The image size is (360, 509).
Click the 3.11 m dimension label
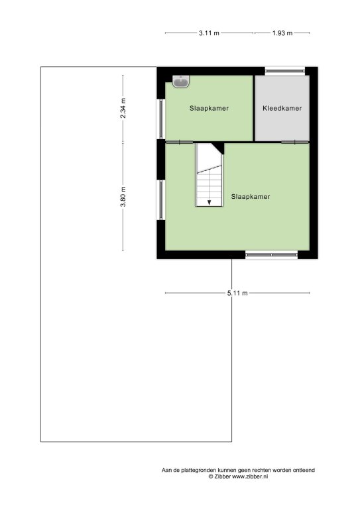tap(209, 32)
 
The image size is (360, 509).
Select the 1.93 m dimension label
tap(282, 32)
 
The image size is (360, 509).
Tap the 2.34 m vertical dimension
tap(123, 108)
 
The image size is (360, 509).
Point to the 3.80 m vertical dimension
tap(123, 197)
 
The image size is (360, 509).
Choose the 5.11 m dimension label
tap(237, 293)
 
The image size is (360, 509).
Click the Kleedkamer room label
tap(282, 109)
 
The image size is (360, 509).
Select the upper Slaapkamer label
tap(209, 109)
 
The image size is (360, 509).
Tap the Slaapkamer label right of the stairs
tap(251, 196)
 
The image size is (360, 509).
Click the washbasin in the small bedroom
tap(180, 82)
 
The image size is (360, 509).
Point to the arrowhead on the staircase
tap(209, 202)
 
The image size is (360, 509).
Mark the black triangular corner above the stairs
tap(219, 148)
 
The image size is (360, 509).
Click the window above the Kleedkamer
tap(284, 71)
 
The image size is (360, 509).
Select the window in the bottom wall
tap(271, 255)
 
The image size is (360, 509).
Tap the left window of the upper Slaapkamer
tap(161, 119)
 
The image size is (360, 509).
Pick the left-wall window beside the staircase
tap(161, 199)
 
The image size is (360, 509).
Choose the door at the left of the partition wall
tap(179, 142)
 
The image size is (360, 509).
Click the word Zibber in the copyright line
tap(222, 477)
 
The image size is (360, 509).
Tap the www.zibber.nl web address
tap(251, 477)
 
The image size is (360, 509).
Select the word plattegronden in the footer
tap(199, 470)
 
